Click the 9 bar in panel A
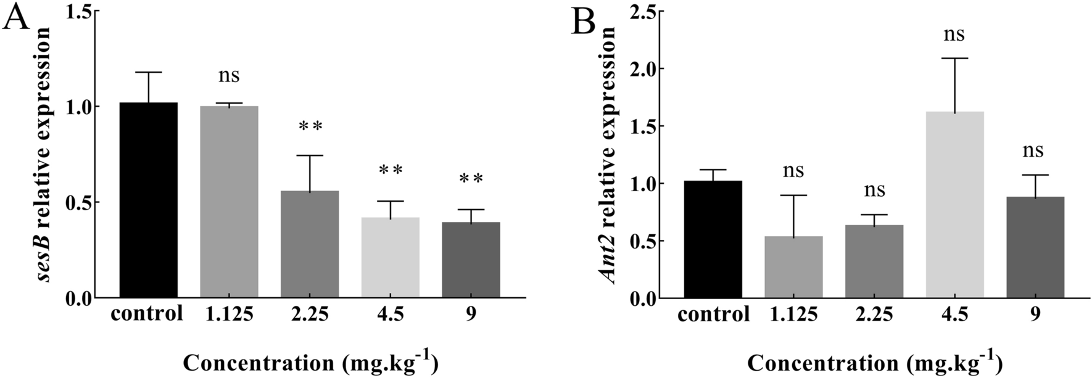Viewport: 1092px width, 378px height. tap(471, 260)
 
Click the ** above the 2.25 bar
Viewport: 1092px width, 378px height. tap(310, 127)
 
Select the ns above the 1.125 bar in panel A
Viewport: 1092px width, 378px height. tap(229, 76)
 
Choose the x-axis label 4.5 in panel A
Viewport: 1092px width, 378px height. tap(390, 314)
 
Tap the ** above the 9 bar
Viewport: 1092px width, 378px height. tap(471, 179)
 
